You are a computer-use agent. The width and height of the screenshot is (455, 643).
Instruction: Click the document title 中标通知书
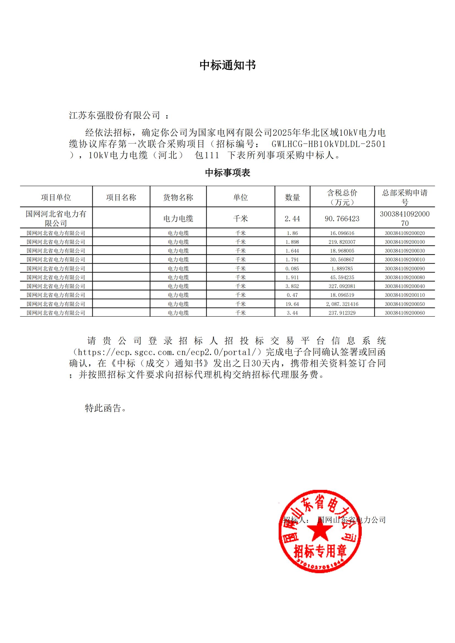[x=227, y=65]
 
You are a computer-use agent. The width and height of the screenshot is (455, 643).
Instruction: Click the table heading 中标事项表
[x=227, y=173]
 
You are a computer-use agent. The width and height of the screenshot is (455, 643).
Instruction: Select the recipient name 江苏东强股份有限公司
[x=115, y=115]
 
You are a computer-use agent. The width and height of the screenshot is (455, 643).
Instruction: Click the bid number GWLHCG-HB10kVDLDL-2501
[x=329, y=144]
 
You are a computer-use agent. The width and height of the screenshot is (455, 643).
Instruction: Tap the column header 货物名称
[x=178, y=197]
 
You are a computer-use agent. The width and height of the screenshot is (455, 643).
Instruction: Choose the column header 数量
[x=292, y=197]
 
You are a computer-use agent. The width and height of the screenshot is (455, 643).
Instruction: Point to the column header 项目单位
[x=56, y=197]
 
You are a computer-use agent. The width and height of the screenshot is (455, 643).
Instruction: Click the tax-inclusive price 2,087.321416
[x=342, y=304]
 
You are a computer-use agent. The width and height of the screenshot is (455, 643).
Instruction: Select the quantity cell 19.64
[x=292, y=304]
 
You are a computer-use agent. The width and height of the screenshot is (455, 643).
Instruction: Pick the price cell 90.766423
[x=342, y=219]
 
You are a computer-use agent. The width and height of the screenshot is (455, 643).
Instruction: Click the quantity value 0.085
[x=292, y=269]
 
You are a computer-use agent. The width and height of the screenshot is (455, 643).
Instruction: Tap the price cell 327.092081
[x=342, y=286]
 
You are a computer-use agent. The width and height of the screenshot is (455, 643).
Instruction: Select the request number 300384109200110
[x=405, y=295]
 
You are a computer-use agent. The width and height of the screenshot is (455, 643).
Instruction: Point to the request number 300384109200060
[x=405, y=313]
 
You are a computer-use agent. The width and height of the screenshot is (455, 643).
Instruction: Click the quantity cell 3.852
[x=292, y=286]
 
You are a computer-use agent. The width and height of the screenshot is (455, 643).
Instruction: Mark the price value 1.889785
[x=342, y=269]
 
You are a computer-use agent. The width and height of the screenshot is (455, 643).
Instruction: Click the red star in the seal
[x=320, y=531]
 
